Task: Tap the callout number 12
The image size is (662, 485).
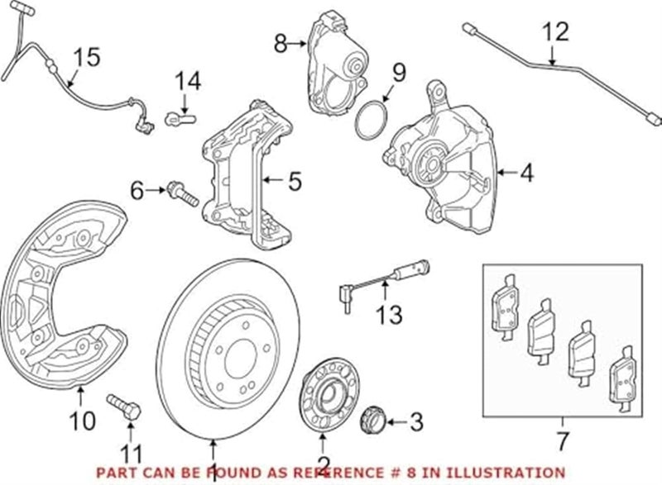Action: click(556, 32)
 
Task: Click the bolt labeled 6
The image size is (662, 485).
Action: click(180, 195)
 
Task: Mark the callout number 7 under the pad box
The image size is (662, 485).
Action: click(564, 435)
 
